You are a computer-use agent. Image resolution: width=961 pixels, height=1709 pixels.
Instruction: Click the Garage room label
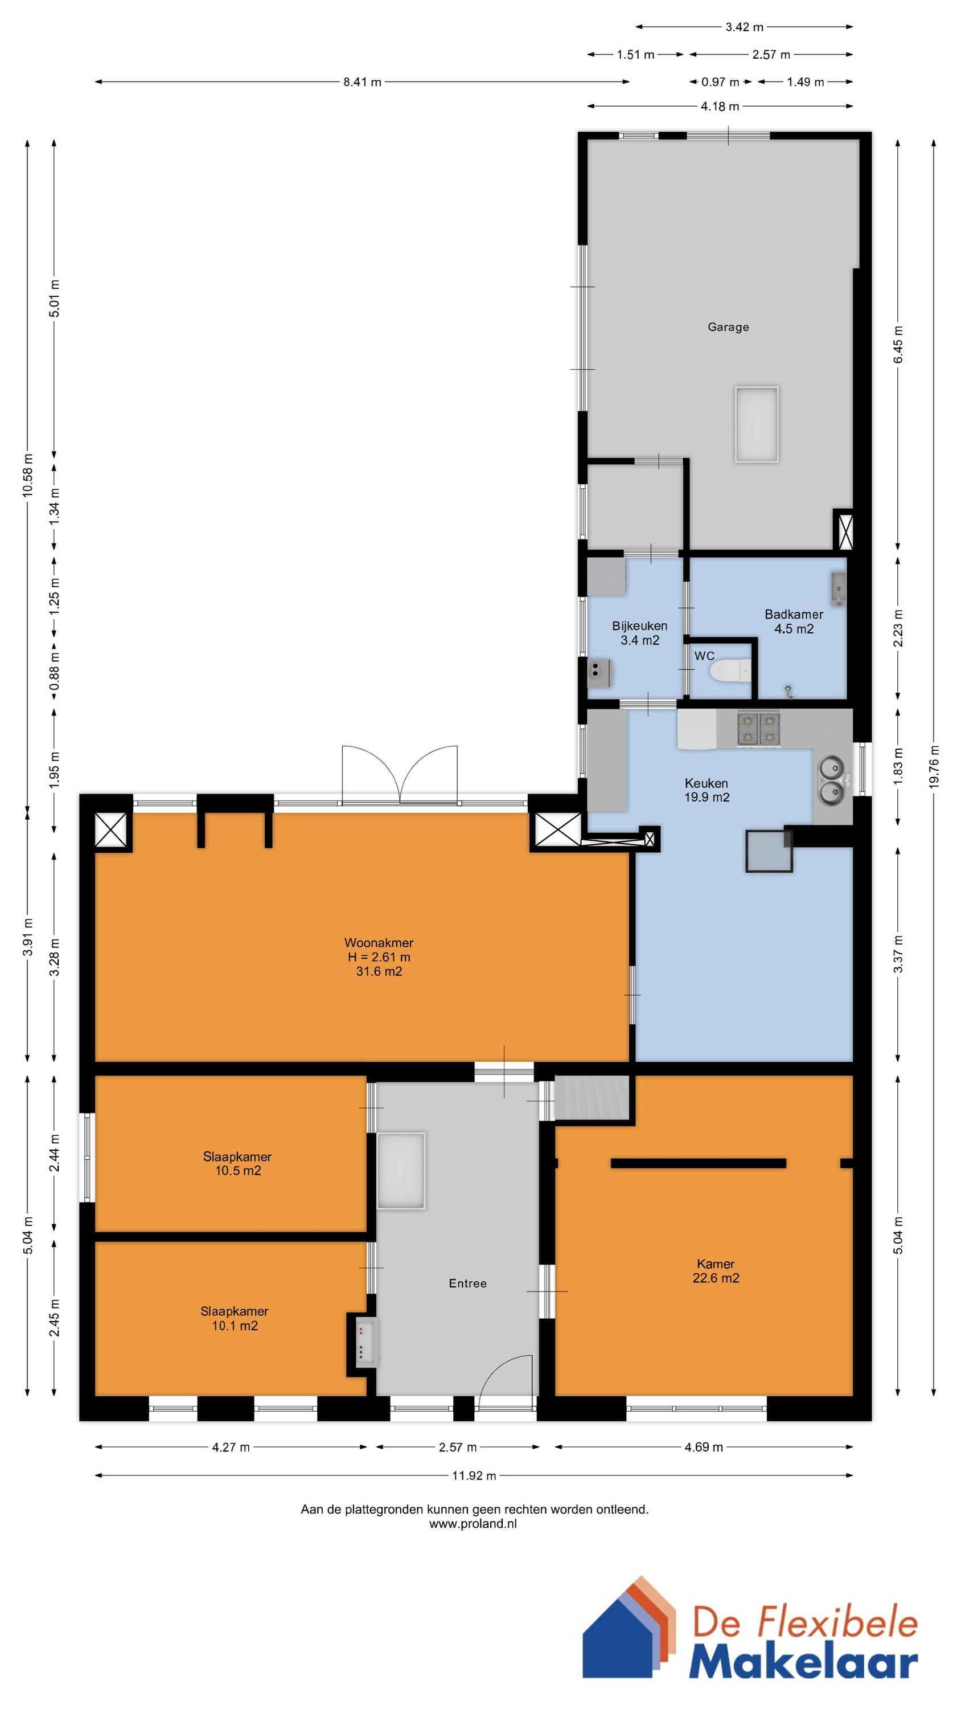click(x=728, y=327)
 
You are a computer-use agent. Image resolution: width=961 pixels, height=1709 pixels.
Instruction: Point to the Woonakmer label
click(x=379, y=943)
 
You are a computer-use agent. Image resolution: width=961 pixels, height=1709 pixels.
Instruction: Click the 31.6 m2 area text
click(x=379, y=972)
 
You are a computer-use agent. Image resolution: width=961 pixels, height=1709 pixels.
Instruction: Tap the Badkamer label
click(x=794, y=614)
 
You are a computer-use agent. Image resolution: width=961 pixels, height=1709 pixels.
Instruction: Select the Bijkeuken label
click(x=639, y=625)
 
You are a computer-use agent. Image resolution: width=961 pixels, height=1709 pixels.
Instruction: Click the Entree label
click(x=467, y=1283)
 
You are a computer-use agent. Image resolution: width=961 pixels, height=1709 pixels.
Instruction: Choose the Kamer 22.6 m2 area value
click(x=716, y=1278)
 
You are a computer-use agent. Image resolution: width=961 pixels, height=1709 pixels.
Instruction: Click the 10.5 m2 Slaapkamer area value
click(x=237, y=1171)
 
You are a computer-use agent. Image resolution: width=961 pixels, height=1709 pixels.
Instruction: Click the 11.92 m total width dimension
click(x=474, y=1476)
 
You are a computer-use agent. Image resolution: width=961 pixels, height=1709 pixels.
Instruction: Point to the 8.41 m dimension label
click(x=362, y=82)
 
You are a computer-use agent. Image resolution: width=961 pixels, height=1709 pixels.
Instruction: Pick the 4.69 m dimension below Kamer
click(x=704, y=1448)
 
